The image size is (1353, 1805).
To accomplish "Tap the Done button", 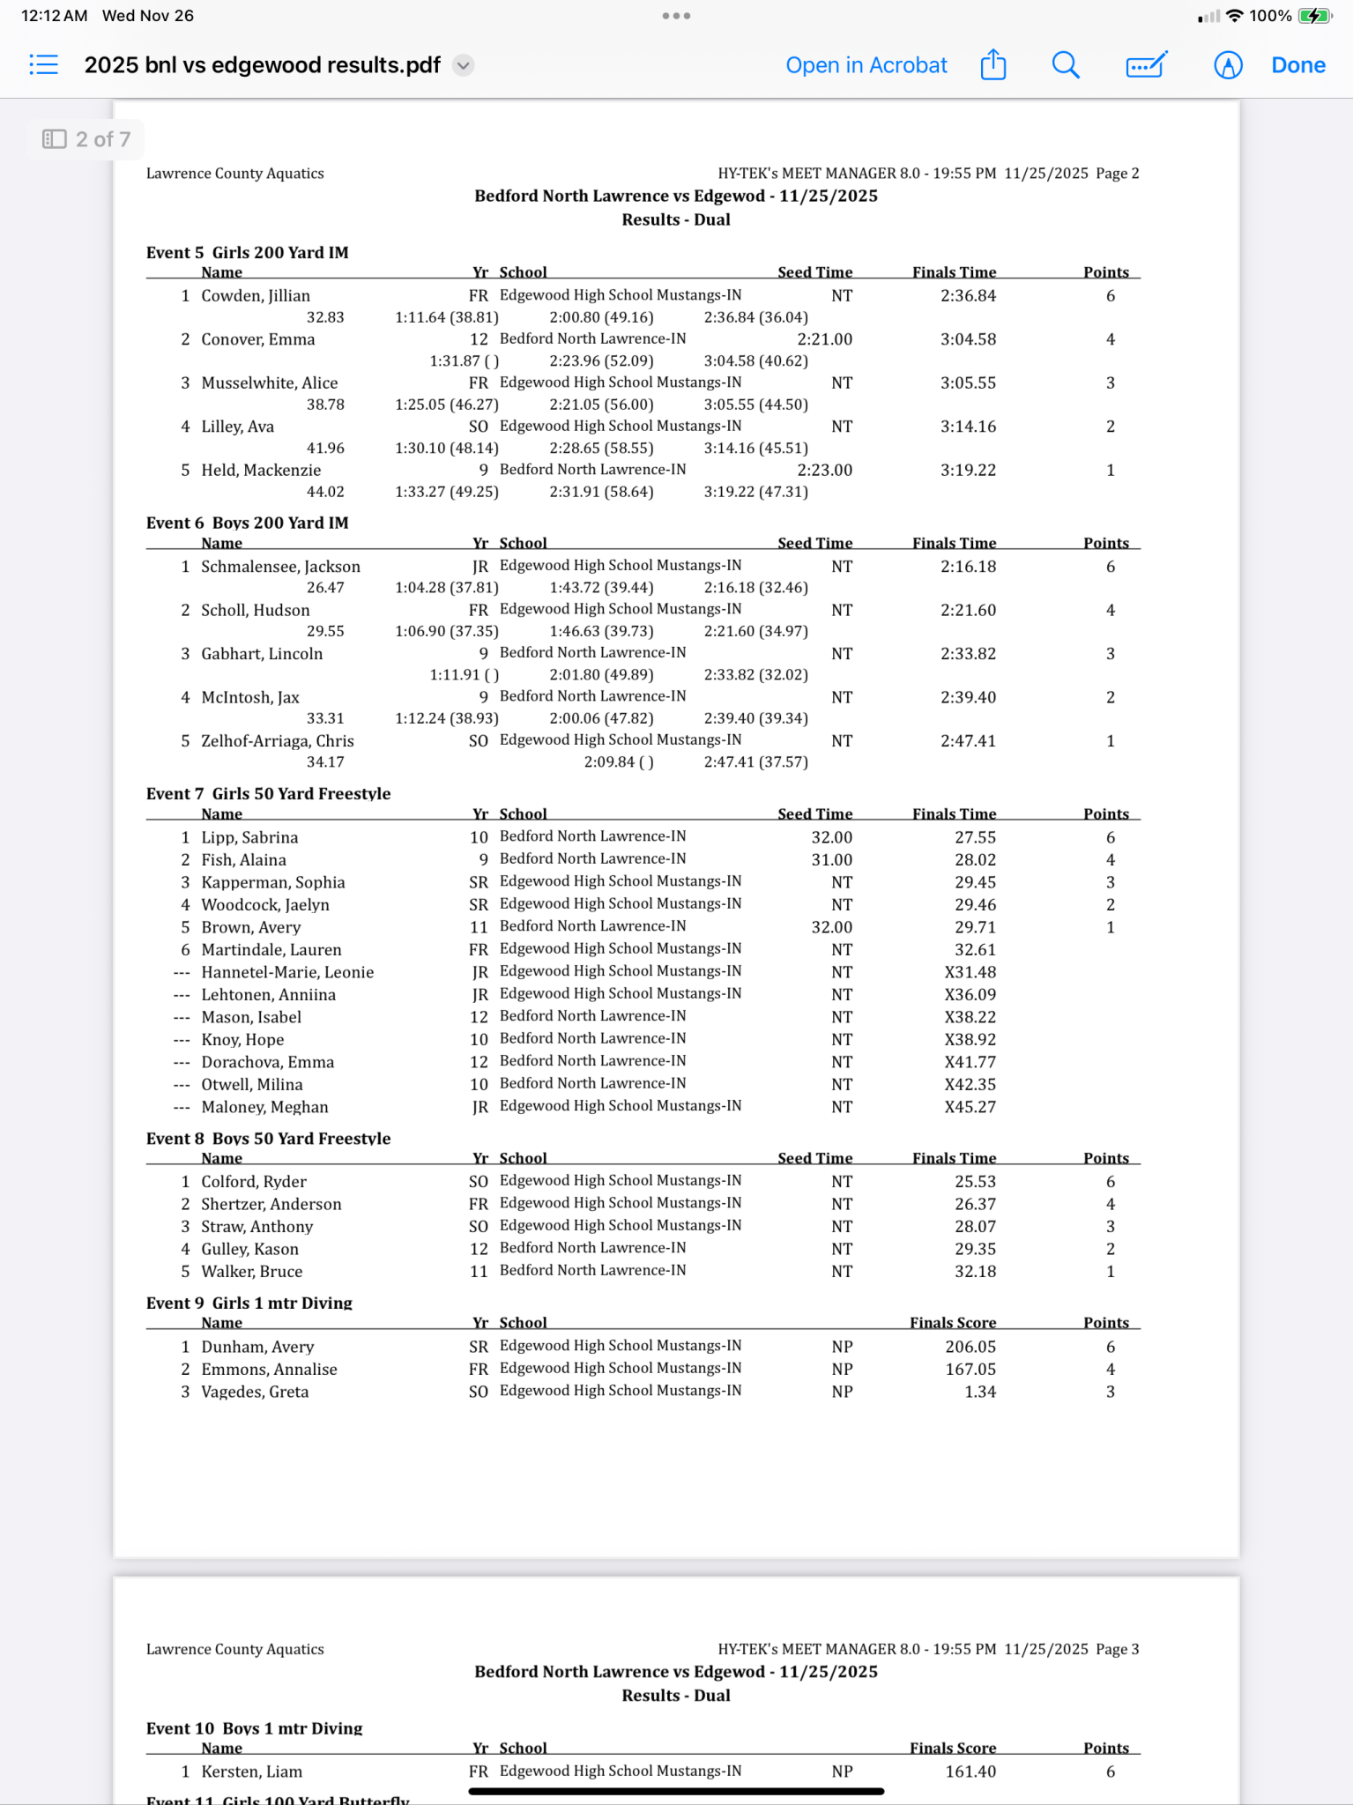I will [x=1297, y=65].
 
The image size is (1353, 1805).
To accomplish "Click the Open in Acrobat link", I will [x=866, y=65].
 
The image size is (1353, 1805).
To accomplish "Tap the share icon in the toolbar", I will [x=993, y=65].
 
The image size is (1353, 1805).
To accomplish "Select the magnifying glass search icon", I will [x=1066, y=65].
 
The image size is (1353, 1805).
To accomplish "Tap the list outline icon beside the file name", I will [x=43, y=65].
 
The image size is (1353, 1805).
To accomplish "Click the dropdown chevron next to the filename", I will [x=463, y=65].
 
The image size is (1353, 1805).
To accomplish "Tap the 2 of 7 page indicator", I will [x=86, y=139].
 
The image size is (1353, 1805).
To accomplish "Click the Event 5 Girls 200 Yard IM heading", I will [x=248, y=253].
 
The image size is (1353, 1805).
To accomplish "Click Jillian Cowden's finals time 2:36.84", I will [x=968, y=296].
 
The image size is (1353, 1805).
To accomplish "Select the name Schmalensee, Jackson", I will [x=280, y=567].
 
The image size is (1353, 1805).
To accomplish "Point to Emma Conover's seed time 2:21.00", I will [x=824, y=339].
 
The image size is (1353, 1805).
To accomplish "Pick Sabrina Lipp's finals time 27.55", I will [x=975, y=838].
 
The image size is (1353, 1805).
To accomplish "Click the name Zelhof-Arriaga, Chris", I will [x=278, y=741].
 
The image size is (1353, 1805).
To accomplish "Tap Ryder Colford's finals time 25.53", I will [x=975, y=1182].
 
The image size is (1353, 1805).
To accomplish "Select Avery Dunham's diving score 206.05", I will [x=970, y=1348].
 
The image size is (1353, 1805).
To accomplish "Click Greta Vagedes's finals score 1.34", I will [x=979, y=1393].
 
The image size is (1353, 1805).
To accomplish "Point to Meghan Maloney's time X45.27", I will [x=970, y=1108].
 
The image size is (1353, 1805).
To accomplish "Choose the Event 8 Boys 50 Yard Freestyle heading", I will [x=269, y=1139].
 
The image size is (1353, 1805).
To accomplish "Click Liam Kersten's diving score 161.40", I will [x=970, y=1772].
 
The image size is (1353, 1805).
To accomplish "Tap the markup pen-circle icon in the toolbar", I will [x=1227, y=65].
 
